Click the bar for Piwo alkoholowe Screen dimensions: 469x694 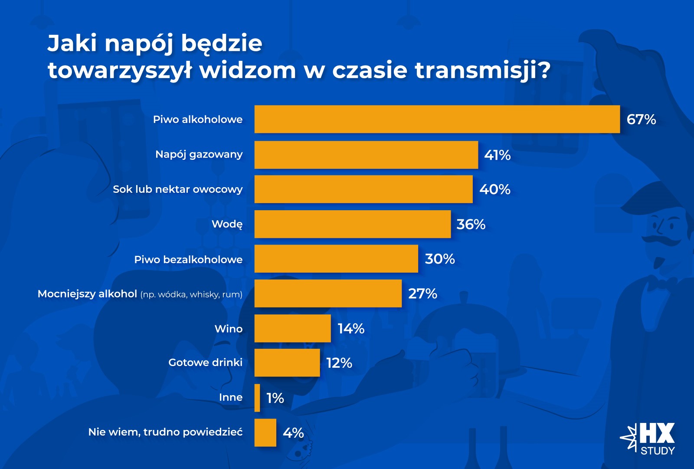coord(437,119)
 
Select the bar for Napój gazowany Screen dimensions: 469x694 coord(366,155)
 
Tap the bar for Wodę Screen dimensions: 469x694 coord(352,224)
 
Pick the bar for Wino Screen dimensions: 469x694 coord(292,328)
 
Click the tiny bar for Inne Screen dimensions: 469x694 coord(257,398)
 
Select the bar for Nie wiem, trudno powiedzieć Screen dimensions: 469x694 coord(265,433)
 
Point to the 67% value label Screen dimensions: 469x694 coord(641,119)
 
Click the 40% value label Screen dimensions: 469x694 coord(495,189)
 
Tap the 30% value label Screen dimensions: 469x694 coord(440,259)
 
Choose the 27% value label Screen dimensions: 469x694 coord(422,294)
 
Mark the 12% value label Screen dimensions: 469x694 coord(339,363)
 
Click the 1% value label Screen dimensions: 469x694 coord(275,398)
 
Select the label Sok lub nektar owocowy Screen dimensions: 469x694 coord(177,189)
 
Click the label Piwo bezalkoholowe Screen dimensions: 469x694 coord(188,260)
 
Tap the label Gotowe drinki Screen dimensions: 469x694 coord(205,362)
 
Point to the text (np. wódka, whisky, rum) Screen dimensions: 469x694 coord(191,294)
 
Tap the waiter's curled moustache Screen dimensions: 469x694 coord(661,239)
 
